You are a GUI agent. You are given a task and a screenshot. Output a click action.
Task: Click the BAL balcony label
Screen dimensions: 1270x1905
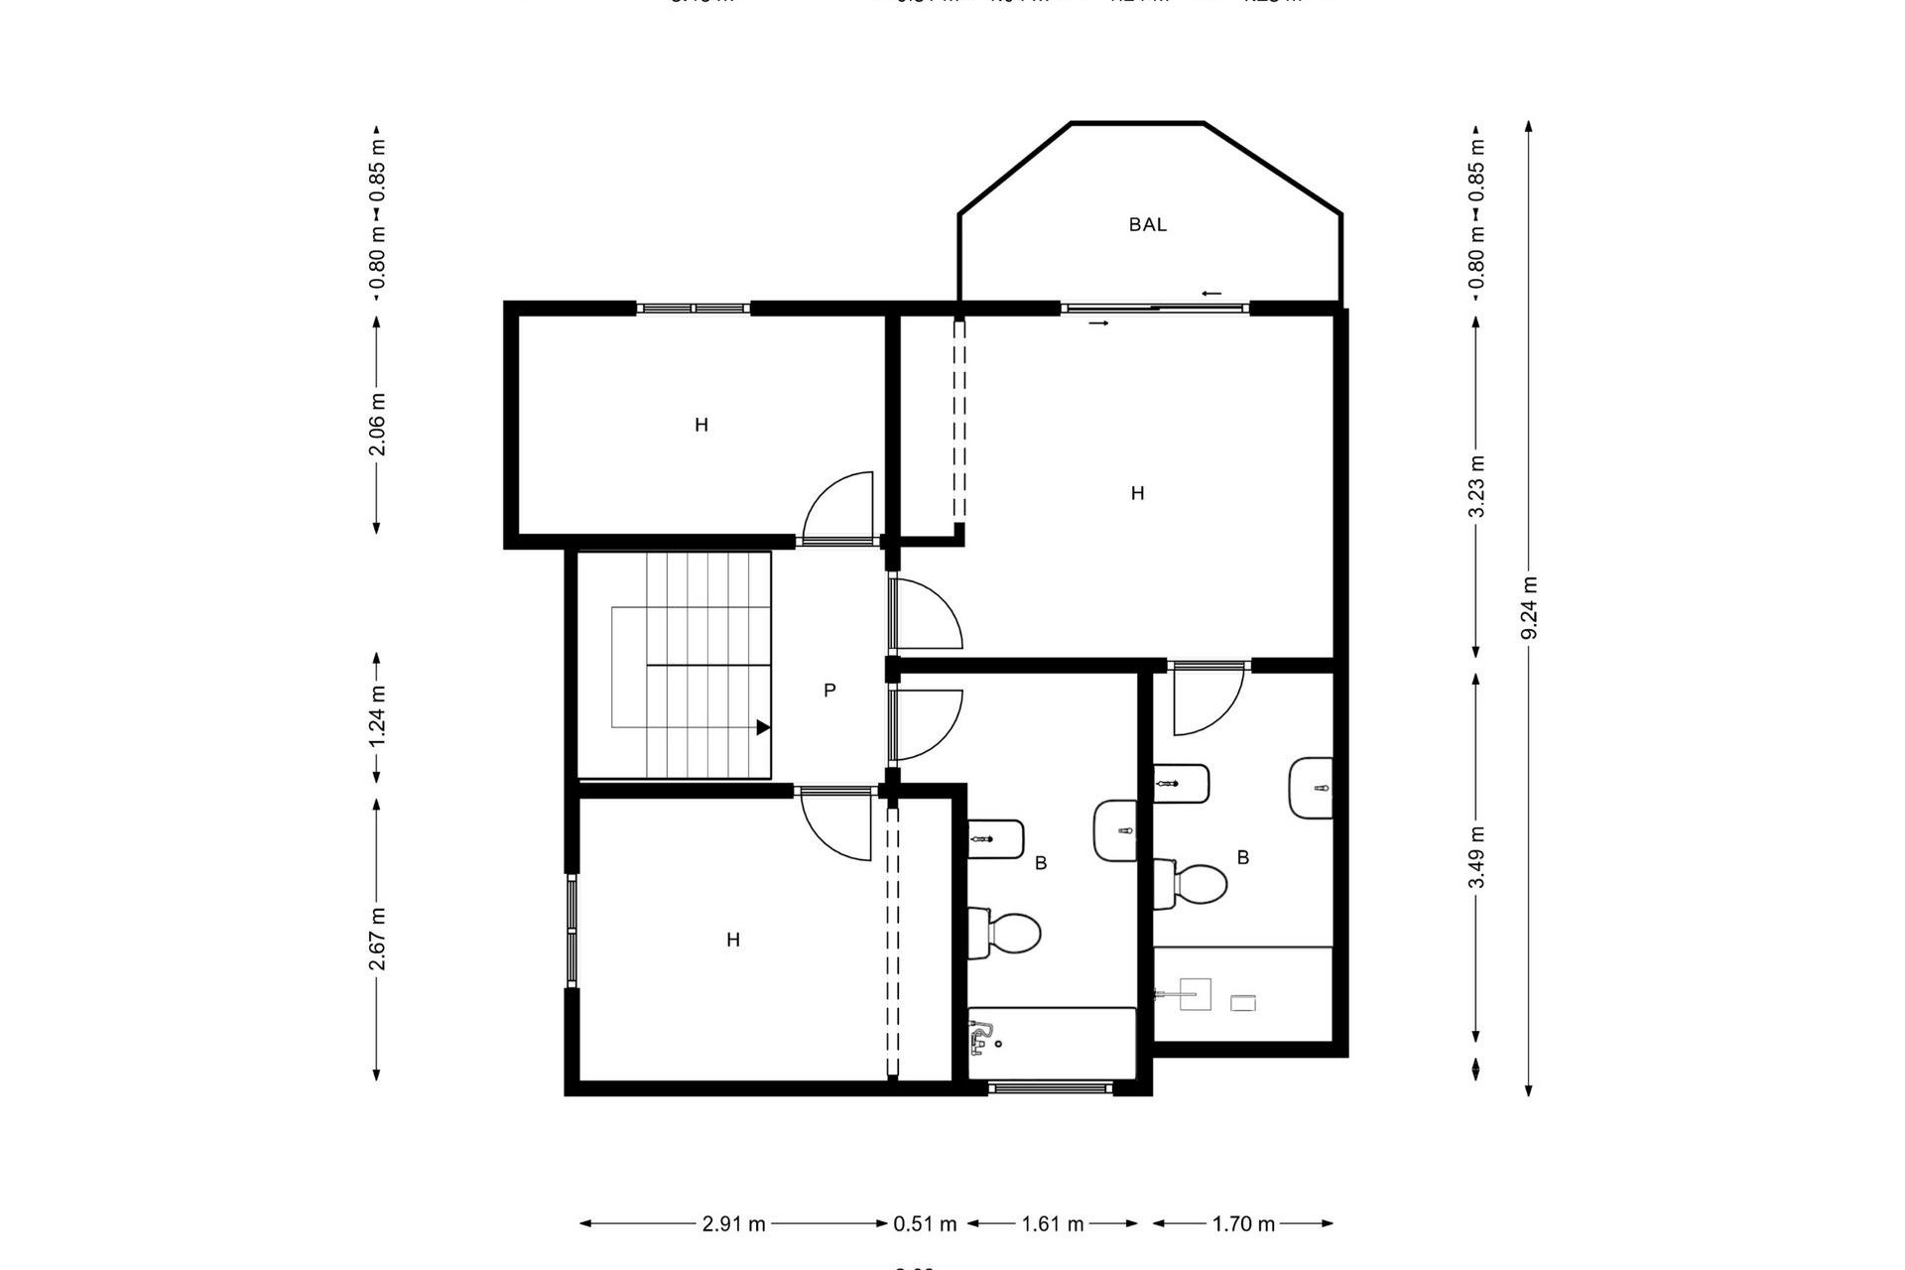click(x=1147, y=224)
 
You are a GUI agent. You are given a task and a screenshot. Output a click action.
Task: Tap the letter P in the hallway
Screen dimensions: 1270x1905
click(x=829, y=690)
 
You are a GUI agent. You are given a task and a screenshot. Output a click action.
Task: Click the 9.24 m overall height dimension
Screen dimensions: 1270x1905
click(x=1529, y=607)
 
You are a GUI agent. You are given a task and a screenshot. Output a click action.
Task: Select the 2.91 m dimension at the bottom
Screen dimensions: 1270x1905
click(x=733, y=1223)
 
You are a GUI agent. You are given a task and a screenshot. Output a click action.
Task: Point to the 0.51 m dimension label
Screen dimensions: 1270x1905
click(x=925, y=1223)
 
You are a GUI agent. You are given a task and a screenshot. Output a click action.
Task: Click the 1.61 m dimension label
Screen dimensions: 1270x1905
click(x=1053, y=1223)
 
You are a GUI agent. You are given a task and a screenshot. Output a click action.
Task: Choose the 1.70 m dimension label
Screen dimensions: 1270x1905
click(x=1243, y=1223)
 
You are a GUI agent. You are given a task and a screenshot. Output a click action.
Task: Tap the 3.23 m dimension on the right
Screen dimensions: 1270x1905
click(x=1477, y=485)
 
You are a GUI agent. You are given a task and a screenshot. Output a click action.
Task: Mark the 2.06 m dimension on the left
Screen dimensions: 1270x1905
click(x=377, y=424)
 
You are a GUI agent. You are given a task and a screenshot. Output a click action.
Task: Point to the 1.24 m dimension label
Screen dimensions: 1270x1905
click(x=377, y=716)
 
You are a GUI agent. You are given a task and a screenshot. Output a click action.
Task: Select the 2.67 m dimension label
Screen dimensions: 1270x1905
click(x=377, y=939)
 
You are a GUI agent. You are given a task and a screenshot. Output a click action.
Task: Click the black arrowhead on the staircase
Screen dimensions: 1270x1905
click(x=762, y=727)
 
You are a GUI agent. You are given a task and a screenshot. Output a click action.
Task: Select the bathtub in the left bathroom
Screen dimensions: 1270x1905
click(x=1052, y=1042)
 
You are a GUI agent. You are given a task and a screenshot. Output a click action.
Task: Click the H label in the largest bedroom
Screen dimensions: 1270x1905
click(x=1137, y=493)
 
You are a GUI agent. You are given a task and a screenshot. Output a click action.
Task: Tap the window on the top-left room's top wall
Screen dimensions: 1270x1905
click(x=693, y=309)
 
